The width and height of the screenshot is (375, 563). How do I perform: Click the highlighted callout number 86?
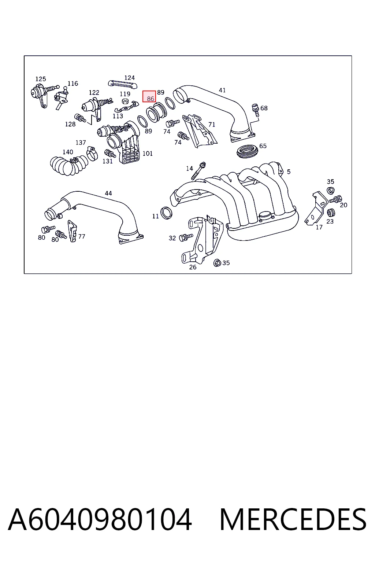pyautogui.click(x=150, y=99)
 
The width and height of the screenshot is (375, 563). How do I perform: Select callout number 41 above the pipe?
pyautogui.click(x=222, y=90)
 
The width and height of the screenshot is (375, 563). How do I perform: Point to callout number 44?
pyautogui.click(x=108, y=193)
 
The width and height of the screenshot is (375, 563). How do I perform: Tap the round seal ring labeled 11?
pyautogui.click(x=166, y=213)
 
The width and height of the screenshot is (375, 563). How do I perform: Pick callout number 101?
pyautogui.click(x=148, y=153)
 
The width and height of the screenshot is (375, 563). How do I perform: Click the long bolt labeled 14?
pyautogui.click(x=198, y=171)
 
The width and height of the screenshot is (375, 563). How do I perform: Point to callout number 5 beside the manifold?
pyautogui.click(x=289, y=172)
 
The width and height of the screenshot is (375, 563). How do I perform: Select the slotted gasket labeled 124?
pyautogui.click(x=123, y=84)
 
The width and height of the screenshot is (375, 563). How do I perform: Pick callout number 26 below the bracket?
pyautogui.click(x=193, y=267)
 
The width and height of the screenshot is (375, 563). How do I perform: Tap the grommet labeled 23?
pyautogui.click(x=331, y=213)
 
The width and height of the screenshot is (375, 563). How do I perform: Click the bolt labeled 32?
pyautogui.click(x=186, y=237)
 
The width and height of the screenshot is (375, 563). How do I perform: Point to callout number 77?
pyautogui.click(x=82, y=236)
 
